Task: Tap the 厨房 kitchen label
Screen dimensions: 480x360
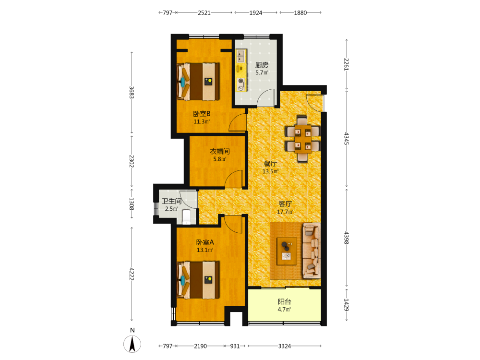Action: [x=262, y=65]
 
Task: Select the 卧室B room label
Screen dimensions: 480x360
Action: [x=202, y=114]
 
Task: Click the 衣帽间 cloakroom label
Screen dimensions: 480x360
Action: [x=219, y=151]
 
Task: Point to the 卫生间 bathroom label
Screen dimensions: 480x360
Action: [x=171, y=201]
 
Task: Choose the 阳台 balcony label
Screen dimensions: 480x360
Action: [x=284, y=301]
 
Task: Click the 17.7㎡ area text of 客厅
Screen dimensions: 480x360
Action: [x=285, y=212]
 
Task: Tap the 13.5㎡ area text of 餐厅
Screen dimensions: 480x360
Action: [x=271, y=171]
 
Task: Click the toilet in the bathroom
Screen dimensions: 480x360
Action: [x=186, y=216]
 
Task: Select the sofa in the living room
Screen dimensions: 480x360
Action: [x=312, y=251]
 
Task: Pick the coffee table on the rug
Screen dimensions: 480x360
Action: [x=287, y=251]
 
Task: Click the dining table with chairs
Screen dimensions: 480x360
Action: [x=302, y=139]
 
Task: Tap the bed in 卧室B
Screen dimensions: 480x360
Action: [x=198, y=82]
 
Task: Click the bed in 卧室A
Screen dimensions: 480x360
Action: [x=198, y=280]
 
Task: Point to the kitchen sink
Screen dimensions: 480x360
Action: [x=241, y=56]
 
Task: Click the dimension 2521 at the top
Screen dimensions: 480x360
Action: [x=204, y=12]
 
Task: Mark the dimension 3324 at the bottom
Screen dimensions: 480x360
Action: [x=284, y=346]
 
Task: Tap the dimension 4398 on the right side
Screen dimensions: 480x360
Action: [x=347, y=238]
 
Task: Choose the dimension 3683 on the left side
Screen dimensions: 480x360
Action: [x=132, y=92]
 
